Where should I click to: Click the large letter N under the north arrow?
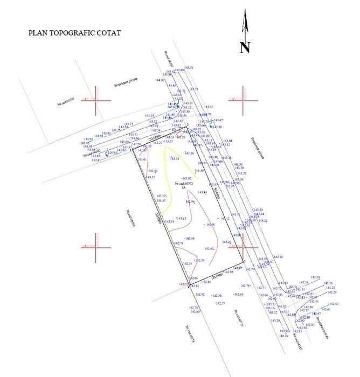tap(245, 47)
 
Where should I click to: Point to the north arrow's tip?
tap(245, 12)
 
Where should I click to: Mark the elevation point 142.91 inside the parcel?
tap(210, 225)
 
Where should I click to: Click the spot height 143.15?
tap(182, 218)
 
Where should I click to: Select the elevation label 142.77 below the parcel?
tap(219, 304)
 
